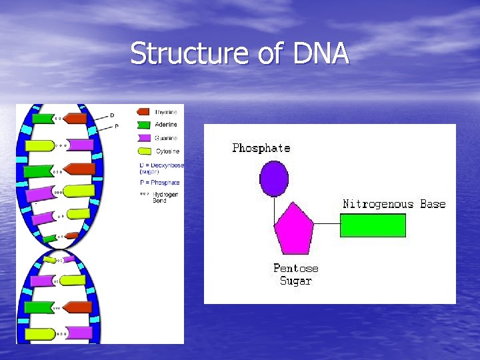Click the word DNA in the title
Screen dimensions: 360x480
(x=319, y=53)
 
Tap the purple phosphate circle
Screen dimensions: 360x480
(x=273, y=179)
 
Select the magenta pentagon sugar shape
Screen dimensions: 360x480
(x=294, y=229)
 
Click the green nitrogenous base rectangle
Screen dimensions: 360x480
(x=373, y=225)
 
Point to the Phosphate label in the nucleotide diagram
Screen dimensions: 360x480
(x=261, y=148)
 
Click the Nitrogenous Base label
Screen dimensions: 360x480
(x=394, y=204)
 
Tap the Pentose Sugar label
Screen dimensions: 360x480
(x=295, y=275)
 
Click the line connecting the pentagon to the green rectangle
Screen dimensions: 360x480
(x=327, y=223)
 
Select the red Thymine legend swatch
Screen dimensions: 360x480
(x=143, y=112)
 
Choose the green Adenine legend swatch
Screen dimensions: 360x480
(x=143, y=125)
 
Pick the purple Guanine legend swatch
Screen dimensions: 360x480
(x=143, y=137)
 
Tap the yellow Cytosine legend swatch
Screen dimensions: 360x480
(x=143, y=151)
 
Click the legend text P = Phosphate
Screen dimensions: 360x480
(x=159, y=183)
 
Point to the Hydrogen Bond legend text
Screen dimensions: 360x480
(x=160, y=197)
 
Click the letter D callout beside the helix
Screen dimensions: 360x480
(x=112, y=115)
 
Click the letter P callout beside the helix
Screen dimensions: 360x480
(x=117, y=125)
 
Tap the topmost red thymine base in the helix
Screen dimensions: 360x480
(x=75, y=119)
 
